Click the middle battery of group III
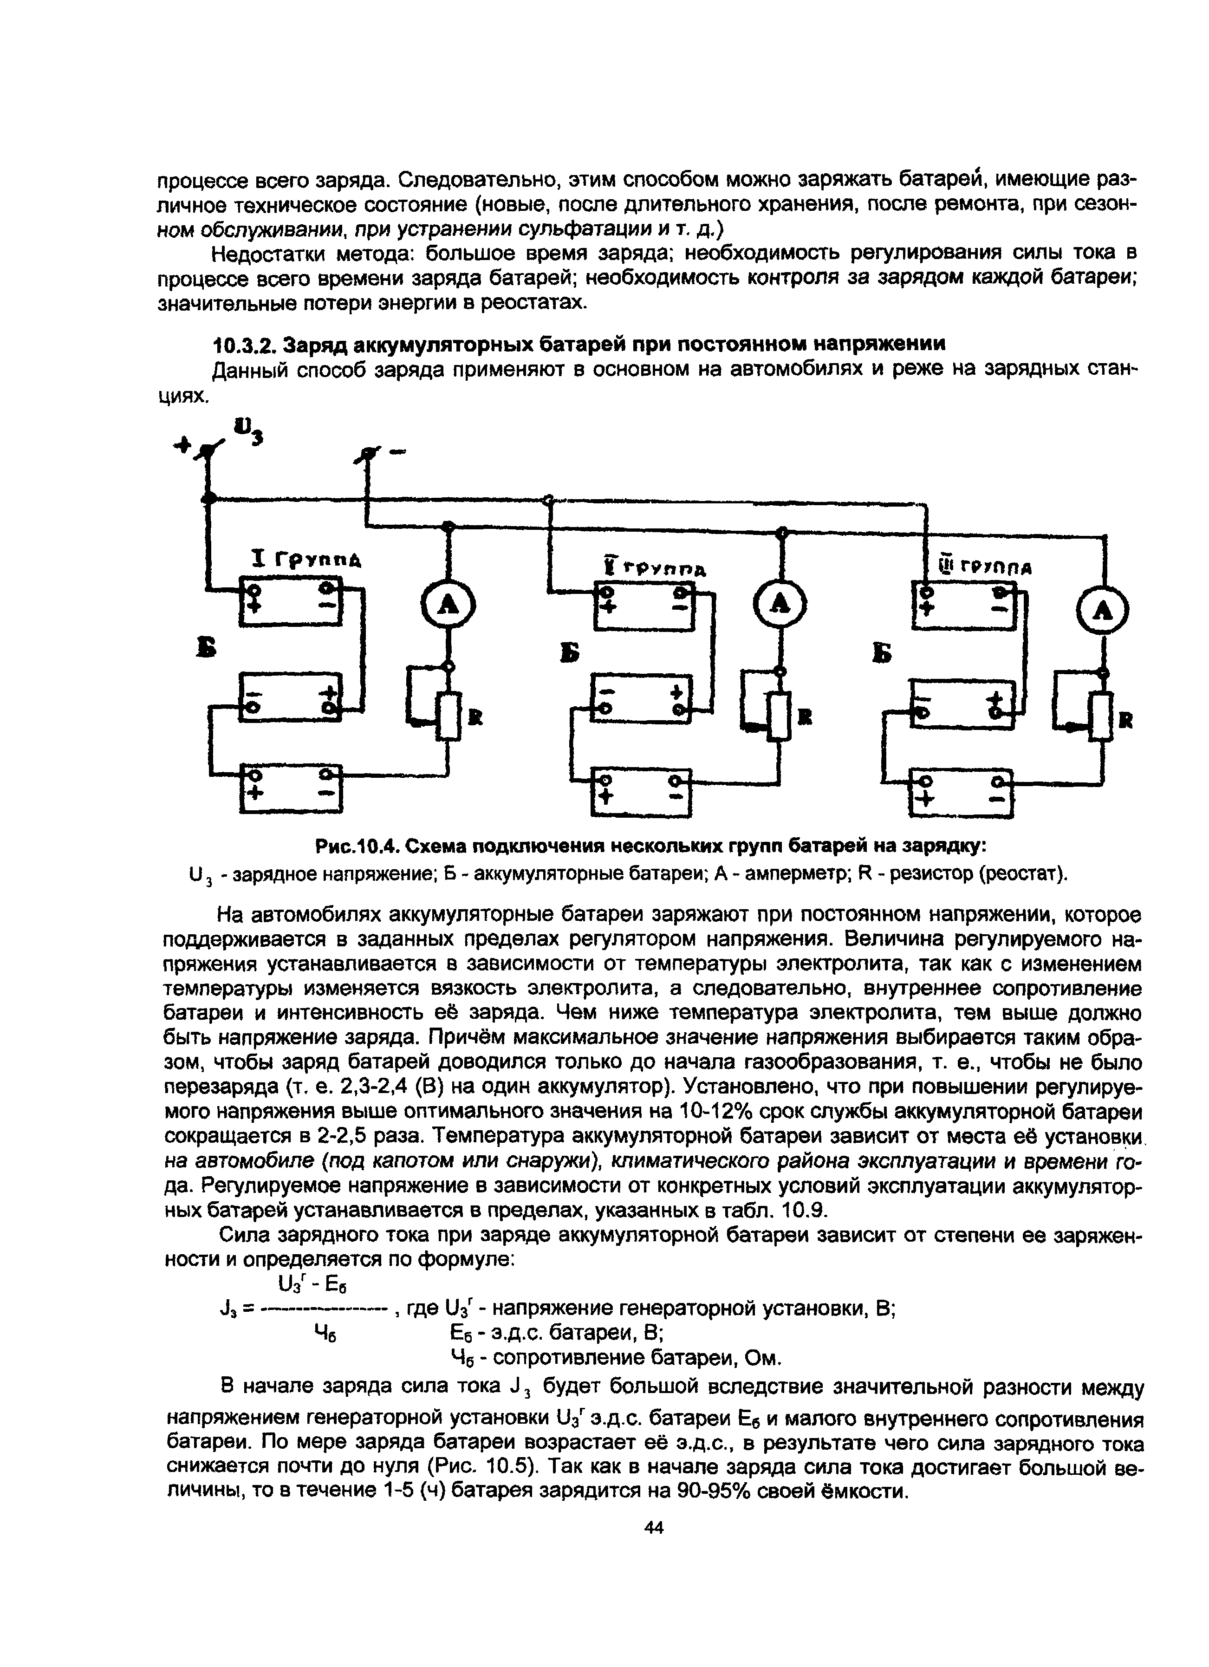[962, 704]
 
